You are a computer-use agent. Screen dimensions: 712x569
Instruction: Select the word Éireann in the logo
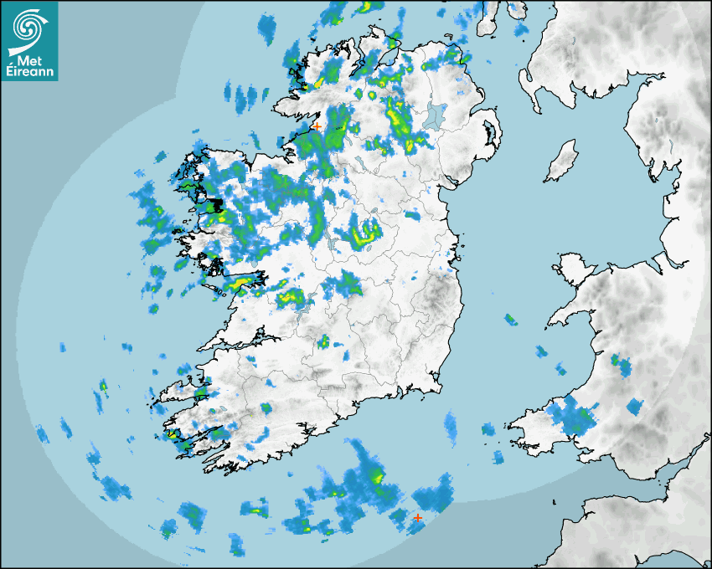pos(30,72)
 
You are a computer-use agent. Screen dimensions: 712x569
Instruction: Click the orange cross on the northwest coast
pos(317,126)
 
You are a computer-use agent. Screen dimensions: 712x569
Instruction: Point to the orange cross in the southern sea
pos(417,518)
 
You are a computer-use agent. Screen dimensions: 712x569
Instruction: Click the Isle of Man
pos(561,161)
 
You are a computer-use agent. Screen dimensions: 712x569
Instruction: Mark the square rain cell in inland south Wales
pos(635,408)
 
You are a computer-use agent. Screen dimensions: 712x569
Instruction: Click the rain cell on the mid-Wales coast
pos(621,364)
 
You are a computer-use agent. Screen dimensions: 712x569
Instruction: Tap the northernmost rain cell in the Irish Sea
pos(510,319)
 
